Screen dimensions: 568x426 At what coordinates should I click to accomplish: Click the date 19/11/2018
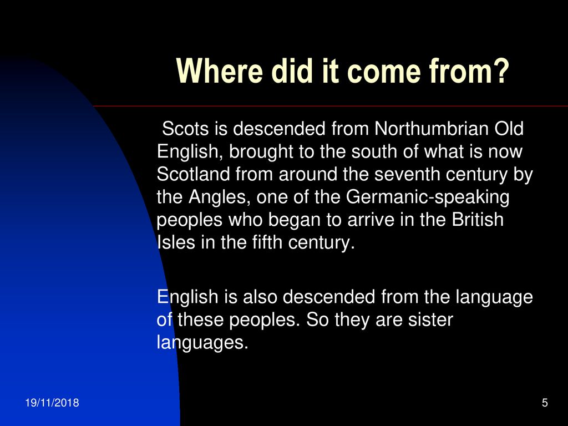[52, 403]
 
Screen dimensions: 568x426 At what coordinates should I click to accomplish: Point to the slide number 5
[545, 403]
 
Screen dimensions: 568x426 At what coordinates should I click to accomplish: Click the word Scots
[185, 129]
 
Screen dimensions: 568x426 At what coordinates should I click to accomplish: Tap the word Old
[509, 129]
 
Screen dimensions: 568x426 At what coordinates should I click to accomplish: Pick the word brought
[261, 152]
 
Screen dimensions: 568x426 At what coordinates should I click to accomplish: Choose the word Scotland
[193, 174]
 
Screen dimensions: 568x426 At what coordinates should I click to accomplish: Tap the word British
[478, 220]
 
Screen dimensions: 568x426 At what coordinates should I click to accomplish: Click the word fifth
[267, 242]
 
